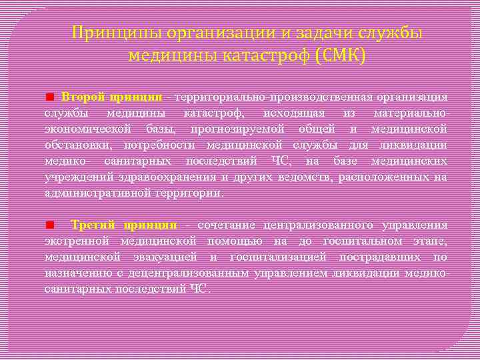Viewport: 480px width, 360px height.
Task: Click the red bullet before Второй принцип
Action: [x=49, y=98]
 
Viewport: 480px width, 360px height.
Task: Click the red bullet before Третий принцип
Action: [x=49, y=225]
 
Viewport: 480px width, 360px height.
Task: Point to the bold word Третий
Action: [x=93, y=224]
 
